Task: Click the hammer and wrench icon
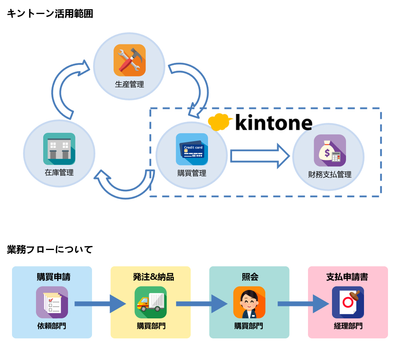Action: click(129, 60)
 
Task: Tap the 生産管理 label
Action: click(129, 84)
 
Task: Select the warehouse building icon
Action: click(59, 149)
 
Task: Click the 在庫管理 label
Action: click(59, 173)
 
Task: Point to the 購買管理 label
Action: click(192, 173)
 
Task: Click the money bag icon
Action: click(330, 150)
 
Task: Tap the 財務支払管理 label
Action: click(330, 174)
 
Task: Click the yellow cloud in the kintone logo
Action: click(220, 122)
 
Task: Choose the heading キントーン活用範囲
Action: click(50, 14)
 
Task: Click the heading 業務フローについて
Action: click(50, 250)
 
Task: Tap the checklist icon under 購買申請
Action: click(52, 302)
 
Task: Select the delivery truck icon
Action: click(150, 302)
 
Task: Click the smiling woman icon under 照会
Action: click(249, 302)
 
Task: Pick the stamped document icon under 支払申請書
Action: click(348, 302)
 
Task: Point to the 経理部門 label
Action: click(348, 326)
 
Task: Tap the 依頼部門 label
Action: click(52, 326)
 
